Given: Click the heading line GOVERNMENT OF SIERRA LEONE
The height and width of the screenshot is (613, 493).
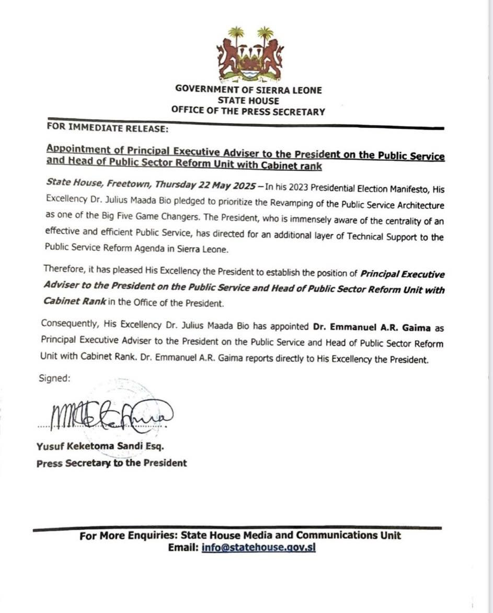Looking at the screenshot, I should pos(249,90).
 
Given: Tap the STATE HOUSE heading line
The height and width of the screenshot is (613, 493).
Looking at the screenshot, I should pos(249,100).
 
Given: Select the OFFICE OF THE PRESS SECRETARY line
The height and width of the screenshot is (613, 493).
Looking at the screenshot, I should pos(248,111).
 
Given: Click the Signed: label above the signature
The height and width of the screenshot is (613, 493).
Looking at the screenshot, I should pos(54,378).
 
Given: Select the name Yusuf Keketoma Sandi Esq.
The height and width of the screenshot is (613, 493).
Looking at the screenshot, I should pos(100,447).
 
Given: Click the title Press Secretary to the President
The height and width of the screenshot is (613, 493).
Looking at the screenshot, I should pos(111,463).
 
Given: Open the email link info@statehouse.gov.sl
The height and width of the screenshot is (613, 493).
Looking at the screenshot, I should pos(258,548).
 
